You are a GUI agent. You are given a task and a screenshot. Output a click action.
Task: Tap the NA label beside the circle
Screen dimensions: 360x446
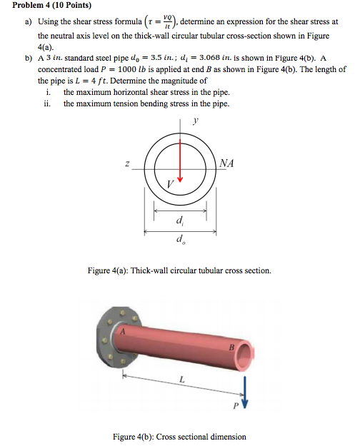tap(228, 163)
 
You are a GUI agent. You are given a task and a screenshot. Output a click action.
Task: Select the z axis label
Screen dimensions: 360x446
tap(126, 164)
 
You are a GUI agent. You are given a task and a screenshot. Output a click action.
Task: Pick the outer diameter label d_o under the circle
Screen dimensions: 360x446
tap(179, 240)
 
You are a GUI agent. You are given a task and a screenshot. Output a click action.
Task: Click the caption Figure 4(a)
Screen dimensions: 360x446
tap(179, 270)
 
